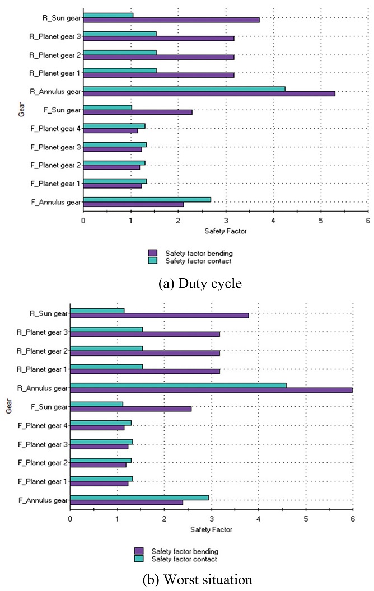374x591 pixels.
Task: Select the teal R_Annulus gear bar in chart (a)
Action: tap(184, 88)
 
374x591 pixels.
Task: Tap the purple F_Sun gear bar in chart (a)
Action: tap(138, 112)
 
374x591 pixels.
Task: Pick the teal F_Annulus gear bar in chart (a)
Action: tap(147, 199)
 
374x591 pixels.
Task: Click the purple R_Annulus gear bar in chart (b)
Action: tap(211, 390)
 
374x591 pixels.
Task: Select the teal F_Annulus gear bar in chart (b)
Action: tap(139, 498)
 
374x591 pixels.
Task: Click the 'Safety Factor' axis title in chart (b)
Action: tap(211, 529)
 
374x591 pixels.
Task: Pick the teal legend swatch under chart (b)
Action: tap(138, 559)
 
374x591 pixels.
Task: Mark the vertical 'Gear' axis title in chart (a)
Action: tap(18, 106)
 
